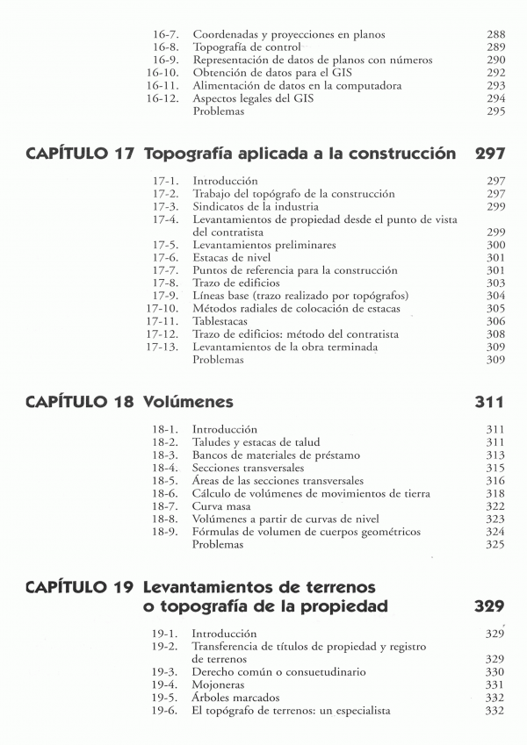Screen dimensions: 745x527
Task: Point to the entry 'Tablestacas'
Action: point(223,321)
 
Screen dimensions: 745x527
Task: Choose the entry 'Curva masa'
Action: point(220,506)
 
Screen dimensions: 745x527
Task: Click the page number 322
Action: point(495,506)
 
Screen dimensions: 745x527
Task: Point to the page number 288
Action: point(495,34)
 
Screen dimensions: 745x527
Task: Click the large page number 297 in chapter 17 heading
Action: point(489,154)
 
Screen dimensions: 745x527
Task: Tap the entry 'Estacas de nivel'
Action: point(232,258)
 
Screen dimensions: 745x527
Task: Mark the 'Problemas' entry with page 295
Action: point(218,111)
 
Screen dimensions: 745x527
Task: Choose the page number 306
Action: point(495,321)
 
